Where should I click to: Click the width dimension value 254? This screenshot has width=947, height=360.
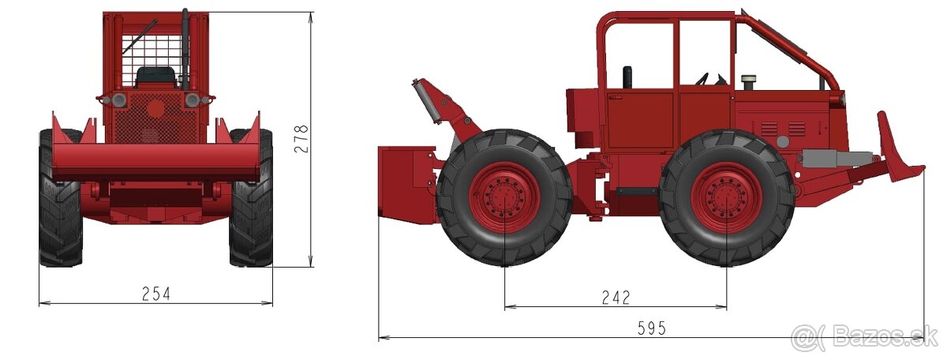pos(155,294)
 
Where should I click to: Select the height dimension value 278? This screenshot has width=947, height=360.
pos(301,139)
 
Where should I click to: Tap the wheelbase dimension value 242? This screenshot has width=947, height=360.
pos(616,298)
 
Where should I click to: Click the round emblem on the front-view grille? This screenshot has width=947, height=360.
pos(156,107)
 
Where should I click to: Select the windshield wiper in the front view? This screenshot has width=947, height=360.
pos(140,36)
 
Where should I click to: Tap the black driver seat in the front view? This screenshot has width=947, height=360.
pos(155,77)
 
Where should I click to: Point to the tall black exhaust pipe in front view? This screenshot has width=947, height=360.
pos(185,47)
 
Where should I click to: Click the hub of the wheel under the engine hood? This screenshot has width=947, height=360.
pos(726,197)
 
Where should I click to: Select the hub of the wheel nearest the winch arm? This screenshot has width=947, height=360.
pos(504,197)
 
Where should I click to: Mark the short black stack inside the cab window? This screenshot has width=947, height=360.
pos(627,77)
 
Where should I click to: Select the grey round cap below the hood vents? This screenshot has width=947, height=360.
pos(782,141)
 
